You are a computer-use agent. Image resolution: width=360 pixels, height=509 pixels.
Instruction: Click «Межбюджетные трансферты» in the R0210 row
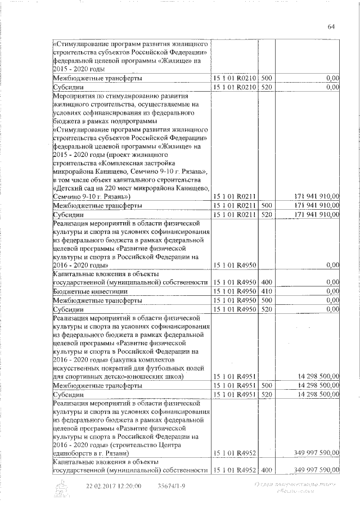coord(97,78)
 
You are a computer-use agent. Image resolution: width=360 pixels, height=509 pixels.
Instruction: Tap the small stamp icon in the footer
coord(62,487)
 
